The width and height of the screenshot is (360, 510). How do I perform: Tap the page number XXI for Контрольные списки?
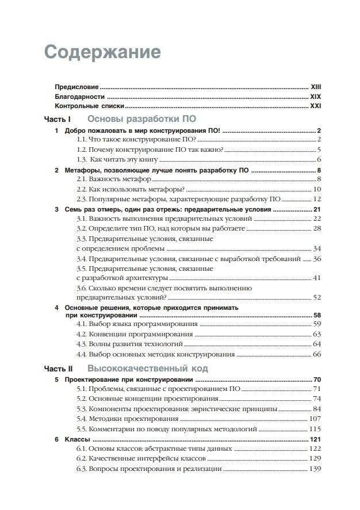[316, 107]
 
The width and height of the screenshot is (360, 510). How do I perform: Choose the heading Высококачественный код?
[148, 368]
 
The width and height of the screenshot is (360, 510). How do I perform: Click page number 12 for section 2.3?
[316, 199]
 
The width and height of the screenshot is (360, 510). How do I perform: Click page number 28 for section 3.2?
[316, 229]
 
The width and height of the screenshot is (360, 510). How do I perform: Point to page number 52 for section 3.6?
[316, 297]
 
